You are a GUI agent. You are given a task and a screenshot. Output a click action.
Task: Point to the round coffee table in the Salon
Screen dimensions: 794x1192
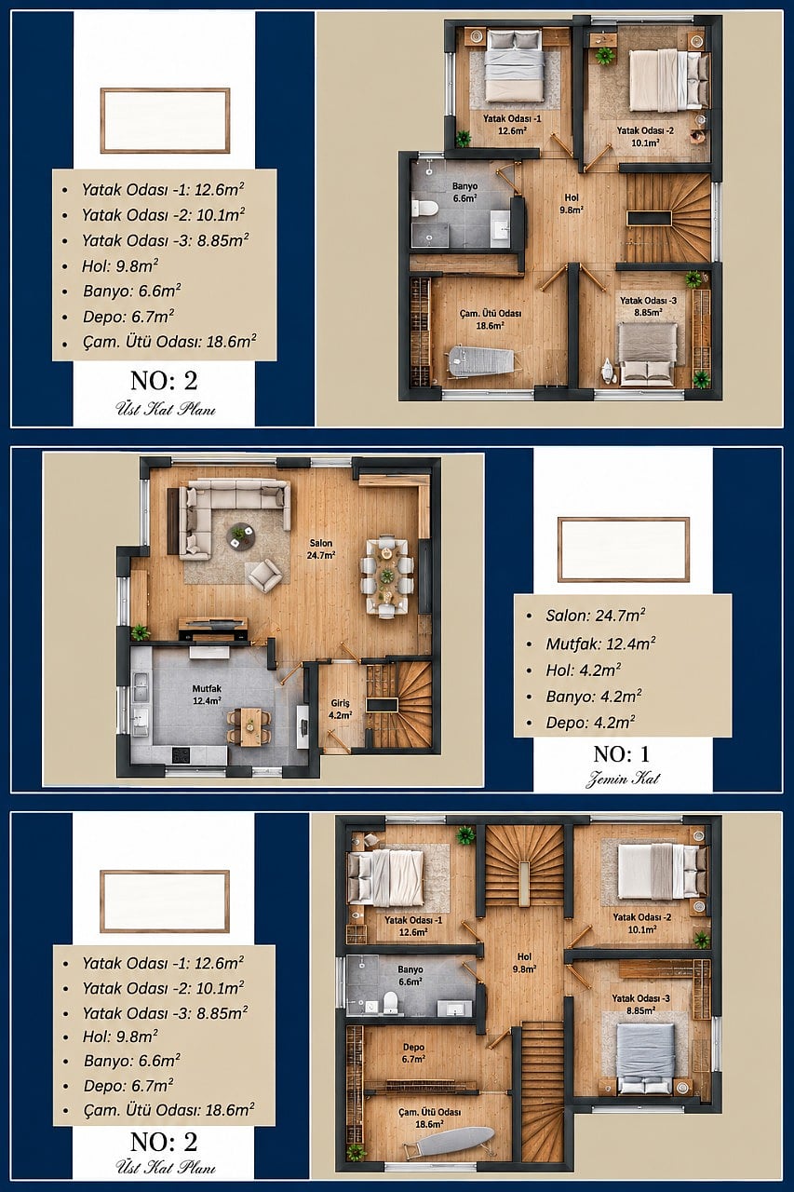click(240, 535)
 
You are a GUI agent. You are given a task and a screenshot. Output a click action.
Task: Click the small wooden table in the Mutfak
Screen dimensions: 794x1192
click(249, 726)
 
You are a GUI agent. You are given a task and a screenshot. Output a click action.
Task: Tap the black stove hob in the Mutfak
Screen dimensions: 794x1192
click(182, 754)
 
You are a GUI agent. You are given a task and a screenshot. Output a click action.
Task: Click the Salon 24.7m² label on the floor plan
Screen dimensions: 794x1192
click(321, 549)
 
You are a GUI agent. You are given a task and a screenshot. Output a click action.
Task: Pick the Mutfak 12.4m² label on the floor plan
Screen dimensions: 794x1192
click(207, 695)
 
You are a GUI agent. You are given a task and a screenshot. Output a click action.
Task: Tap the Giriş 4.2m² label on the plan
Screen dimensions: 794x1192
click(340, 709)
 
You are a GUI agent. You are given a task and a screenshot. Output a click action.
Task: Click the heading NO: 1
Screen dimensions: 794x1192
click(621, 754)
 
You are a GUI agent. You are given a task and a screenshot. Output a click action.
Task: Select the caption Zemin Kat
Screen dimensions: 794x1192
click(622, 779)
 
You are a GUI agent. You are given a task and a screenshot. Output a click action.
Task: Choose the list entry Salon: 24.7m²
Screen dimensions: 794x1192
click(595, 616)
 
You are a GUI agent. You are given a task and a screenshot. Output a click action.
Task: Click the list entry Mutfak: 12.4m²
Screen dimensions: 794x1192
click(600, 643)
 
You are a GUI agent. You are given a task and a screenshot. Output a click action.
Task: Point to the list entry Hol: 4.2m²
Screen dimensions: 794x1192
click(584, 670)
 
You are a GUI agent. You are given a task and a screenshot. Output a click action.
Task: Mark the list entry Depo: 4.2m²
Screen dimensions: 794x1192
click(590, 723)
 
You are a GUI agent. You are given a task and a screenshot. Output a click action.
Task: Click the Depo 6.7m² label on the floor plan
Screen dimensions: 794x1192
click(413, 1053)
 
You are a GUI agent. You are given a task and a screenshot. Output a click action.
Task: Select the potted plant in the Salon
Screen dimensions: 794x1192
click(140, 632)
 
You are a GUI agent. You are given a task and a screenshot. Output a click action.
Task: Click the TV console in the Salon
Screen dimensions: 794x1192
click(213, 630)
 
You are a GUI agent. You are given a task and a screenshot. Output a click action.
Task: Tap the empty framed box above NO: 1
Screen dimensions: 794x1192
click(624, 549)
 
